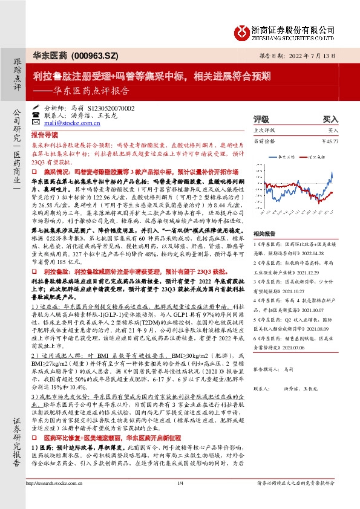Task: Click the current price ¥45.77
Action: [x=330, y=141]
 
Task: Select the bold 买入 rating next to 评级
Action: [x=330, y=119]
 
